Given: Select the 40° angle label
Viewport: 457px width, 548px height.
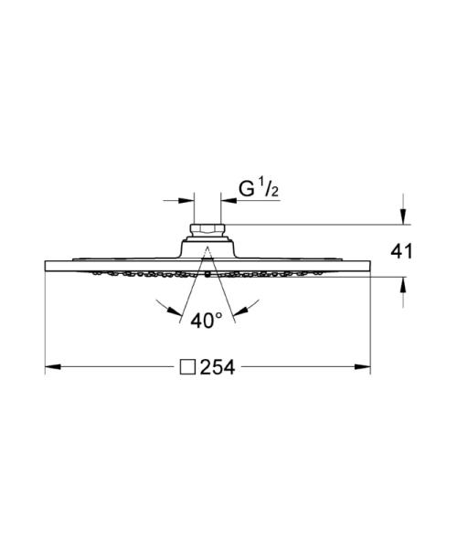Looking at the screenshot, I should click(207, 321).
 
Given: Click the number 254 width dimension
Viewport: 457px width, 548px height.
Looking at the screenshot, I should click(218, 367).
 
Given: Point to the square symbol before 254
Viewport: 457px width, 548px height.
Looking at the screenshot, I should click(188, 367).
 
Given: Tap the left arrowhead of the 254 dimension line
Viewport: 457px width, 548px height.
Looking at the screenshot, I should click(52, 367).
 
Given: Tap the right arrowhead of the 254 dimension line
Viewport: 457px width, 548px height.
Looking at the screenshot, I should click(364, 367).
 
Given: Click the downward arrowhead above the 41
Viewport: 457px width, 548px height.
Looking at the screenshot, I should click(401, 216).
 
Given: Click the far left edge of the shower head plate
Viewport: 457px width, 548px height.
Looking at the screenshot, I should click(45, 266).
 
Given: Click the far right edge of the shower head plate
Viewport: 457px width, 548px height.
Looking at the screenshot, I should click(370, 266).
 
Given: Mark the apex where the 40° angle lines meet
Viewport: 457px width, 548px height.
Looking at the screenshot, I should click(207, 248).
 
